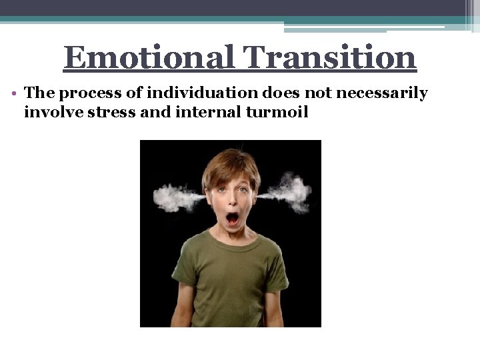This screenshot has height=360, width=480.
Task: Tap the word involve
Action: click(x=46, y=111)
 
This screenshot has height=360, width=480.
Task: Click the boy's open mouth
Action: click(x=232, y=217)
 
